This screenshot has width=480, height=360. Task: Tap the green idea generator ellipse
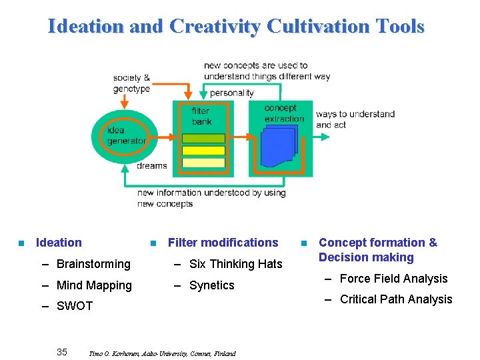(x=126, y=136)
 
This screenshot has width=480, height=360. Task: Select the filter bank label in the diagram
(x=201, y=116)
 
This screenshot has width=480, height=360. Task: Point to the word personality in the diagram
(x=231, y=93)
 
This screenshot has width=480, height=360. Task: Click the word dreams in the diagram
(x=151, y=166)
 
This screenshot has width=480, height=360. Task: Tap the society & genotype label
(x=131, y=83)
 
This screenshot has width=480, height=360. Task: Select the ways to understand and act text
(x=355, y=119)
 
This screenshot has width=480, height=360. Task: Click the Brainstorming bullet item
(x=93, y=264)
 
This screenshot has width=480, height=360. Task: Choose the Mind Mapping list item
(x=94, y=285)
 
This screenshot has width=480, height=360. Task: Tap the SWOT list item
(x=75, y=306)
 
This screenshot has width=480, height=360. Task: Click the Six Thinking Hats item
(x=235, y=264)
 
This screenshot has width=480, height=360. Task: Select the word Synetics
(x=211, y=285)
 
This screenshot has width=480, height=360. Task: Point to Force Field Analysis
(x=393, y=279)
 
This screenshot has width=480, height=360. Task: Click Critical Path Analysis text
(x=396, y=299)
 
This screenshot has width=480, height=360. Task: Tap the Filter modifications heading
(x=223, y=243)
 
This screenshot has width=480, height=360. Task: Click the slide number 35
(x=62, y=352)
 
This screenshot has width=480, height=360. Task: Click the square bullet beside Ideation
(x=21, y=243)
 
